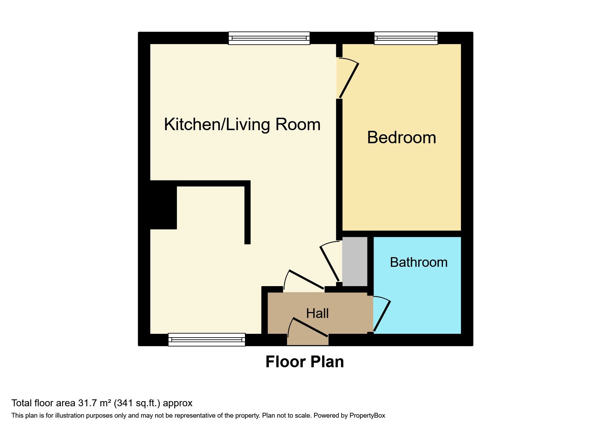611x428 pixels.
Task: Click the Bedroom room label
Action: (402, 137)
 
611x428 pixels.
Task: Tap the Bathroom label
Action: (418, 262)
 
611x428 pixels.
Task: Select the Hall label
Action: (317, 313)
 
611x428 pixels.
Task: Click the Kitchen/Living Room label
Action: (242, 124)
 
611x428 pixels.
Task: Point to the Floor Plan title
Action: (305, 362)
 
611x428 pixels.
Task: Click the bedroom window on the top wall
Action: (406, 38)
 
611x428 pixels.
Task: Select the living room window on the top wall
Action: (269, 38)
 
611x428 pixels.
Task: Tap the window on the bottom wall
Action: (207, 340)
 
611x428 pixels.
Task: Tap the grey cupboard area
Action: (355, 261)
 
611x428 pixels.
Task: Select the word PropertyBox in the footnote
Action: (367, 416)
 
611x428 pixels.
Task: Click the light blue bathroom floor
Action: (417, 300)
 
